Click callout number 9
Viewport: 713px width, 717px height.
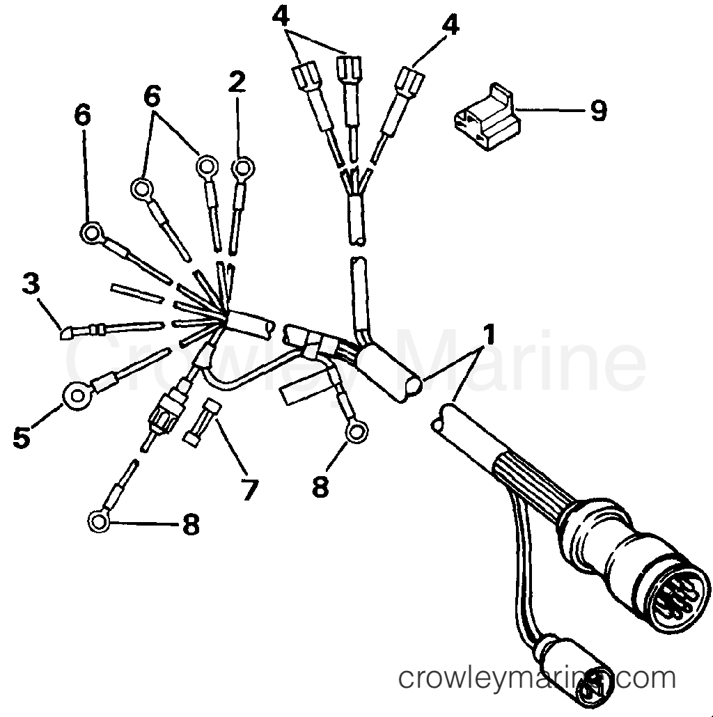(598, 111)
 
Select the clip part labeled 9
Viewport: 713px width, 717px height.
(487, 117)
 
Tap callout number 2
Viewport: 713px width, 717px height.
(237, 82)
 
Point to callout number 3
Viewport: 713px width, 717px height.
(31, 285)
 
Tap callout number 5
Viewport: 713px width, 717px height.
(22, 436)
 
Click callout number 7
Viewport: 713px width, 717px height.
(249, 489)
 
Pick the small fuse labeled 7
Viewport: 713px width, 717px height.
(202, 422)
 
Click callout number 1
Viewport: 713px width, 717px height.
(488, 335)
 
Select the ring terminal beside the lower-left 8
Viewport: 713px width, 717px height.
(100, 521)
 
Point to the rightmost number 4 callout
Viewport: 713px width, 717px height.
(450, 25)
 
